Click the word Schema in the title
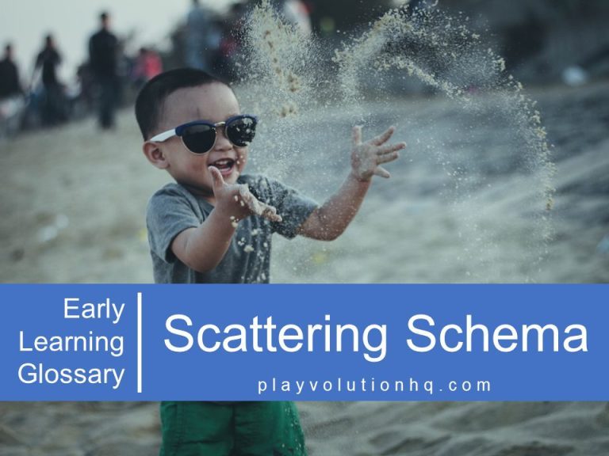[497, 334]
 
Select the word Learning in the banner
[71, 342]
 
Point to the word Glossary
[71, 374]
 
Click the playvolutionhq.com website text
[374, 386]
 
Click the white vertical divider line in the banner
[140, 342]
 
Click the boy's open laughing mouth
[224, 167]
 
